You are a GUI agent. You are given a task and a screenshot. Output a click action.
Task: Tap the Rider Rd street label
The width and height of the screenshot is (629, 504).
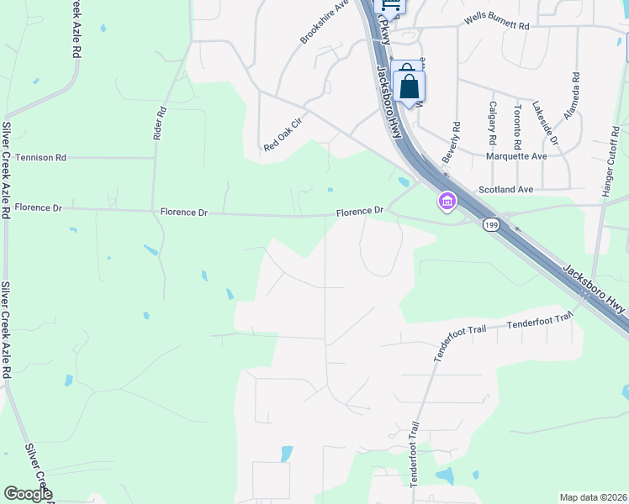click(161, 123)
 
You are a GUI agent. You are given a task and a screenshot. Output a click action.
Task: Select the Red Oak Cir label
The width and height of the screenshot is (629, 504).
click(282, 134)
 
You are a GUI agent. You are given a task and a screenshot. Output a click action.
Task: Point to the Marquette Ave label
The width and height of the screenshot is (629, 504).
click(517, 156)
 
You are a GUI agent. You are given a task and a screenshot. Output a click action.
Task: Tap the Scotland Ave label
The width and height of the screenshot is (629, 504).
click(505, 190)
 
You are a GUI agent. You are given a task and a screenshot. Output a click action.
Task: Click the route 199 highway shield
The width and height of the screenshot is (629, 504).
click(491, 225)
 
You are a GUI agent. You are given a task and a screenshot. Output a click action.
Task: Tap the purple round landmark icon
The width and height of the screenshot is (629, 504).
click(446, 202)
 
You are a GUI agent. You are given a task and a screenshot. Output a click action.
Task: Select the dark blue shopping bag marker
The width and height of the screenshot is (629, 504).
click(409, 87)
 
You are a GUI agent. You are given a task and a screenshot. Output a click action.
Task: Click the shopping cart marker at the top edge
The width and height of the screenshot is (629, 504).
click(395, 4)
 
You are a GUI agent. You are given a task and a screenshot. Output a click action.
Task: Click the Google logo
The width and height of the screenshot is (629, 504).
click(29, 494)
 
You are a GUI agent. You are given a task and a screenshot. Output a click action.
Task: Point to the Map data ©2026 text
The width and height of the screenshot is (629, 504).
click(593, 497)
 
